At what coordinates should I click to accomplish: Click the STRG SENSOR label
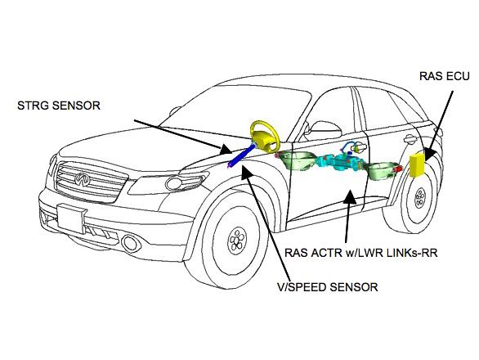point(59,106)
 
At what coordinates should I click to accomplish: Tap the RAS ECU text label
point(444,76)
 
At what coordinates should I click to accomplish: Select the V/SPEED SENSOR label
point(327,287)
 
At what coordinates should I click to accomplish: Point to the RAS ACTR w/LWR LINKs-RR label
point(360,253)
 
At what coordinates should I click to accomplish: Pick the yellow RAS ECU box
point(418,165)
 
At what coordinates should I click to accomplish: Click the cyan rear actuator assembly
point(341,161)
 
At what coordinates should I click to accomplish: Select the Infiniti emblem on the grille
point(83,179)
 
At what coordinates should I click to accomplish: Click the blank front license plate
point(70,218)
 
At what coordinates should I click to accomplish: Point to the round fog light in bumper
point(131,242)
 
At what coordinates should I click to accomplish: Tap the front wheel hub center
point(237,240)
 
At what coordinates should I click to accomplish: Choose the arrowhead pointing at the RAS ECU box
point(428,154)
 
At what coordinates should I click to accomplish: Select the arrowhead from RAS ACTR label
point(350,196)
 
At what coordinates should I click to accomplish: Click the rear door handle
point(410,139)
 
